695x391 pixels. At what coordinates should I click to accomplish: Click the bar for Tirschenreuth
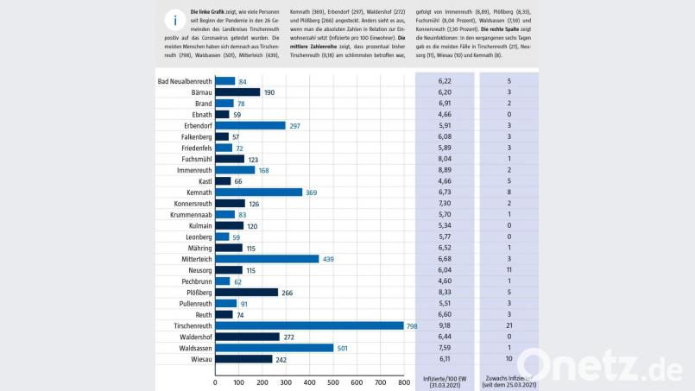coord(309,325)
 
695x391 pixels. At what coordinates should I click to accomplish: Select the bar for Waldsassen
coord(274,348)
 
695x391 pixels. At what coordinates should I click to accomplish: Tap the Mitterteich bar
coord(267,259)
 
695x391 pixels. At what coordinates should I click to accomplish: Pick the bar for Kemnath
coord(258,192)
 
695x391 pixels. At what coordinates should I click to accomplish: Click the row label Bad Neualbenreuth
coord(185,81)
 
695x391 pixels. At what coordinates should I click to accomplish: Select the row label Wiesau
coord(199,359)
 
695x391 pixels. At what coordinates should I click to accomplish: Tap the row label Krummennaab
coord(189,214)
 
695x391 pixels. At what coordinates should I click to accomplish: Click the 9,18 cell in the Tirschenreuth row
coord(445,325)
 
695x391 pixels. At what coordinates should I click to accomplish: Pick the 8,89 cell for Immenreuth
coord(445,170)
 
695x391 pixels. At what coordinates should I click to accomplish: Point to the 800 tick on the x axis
coord(403,381)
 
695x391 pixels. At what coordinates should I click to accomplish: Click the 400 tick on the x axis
coord(309,381)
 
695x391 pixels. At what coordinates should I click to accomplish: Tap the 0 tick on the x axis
coord(215,381)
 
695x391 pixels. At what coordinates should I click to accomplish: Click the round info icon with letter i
coord(175,22)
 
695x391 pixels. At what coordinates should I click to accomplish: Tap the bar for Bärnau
coord(237,92)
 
